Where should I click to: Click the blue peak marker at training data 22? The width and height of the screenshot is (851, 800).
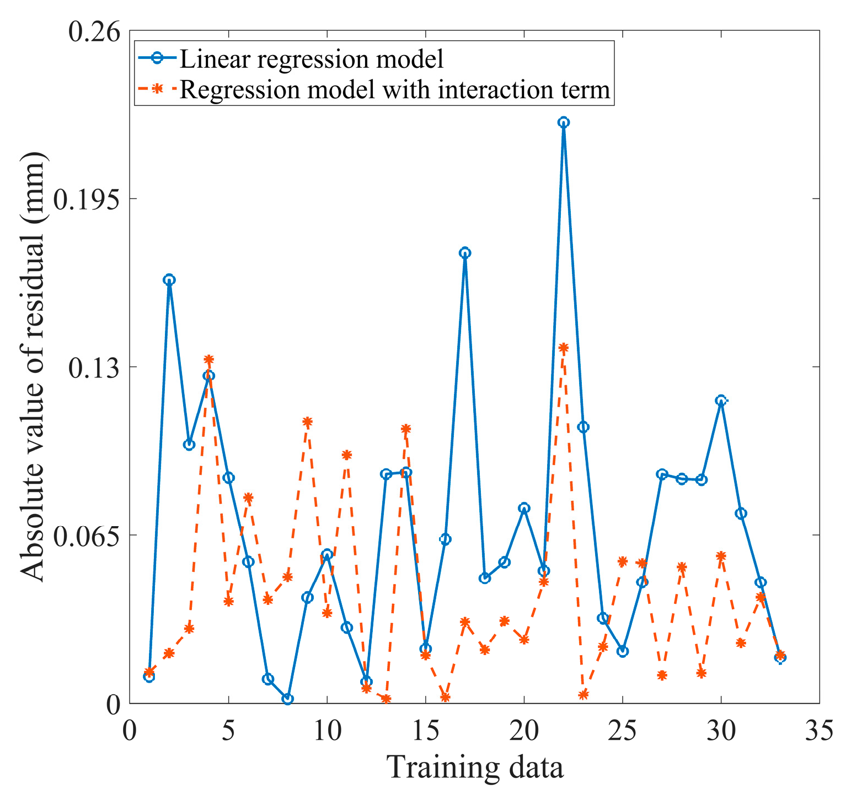tap(563, 122)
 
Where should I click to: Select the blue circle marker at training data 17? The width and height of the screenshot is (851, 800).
tap(465, 253)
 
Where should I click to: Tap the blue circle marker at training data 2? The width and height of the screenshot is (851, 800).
tap(169, 279)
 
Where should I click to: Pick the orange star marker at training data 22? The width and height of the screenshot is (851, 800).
tap(563, 348)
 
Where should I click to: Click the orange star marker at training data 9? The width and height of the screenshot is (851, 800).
tap(307, 421)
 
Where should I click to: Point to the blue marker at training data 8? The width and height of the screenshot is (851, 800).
tap(287, 699)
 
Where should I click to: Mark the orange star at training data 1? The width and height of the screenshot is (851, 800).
tap(149, 672)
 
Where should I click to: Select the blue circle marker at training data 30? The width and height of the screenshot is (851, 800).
tap(720, 401)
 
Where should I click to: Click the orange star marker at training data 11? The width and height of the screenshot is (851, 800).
tap(346, 455)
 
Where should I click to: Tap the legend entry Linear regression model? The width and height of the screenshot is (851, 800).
tap(312, 58)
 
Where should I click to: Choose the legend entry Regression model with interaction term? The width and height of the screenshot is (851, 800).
tap(395, 89)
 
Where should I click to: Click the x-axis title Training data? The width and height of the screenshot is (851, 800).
tap(475, 767)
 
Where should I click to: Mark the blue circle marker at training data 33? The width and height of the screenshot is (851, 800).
tap(780, 657)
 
